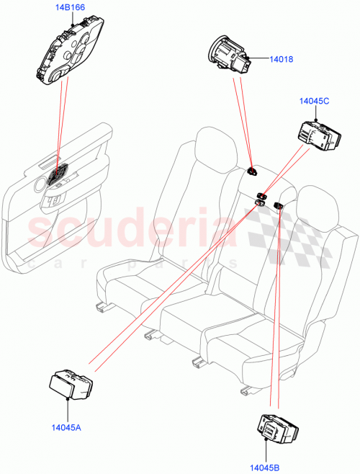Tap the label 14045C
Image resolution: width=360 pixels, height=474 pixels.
(x=315, y=102)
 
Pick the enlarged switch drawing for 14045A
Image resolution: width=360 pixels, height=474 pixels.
(x=71, y=383)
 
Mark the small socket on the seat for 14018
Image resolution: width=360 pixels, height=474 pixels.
(x=253, y=171)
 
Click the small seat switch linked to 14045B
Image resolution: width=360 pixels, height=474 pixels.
(x=277, y=207)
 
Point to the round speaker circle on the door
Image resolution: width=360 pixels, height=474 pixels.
(x=36, y=186)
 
